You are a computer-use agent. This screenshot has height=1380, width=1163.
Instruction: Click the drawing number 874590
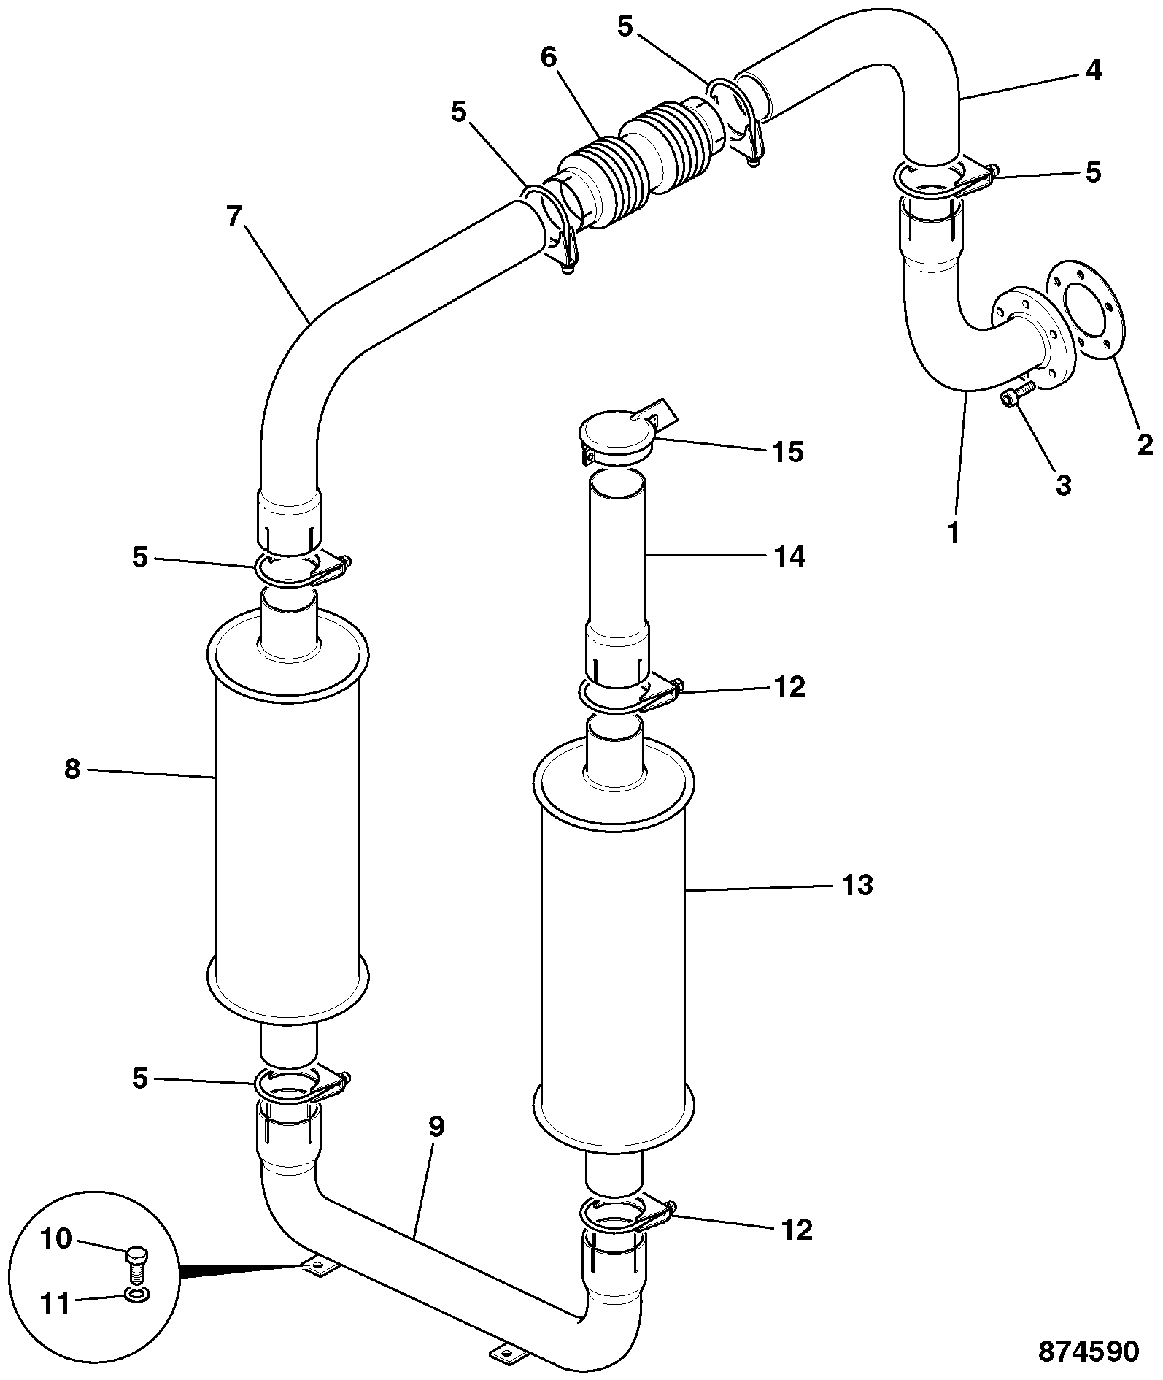coord(1088,1352)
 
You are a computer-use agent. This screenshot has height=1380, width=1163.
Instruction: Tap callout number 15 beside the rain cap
coord(788,453)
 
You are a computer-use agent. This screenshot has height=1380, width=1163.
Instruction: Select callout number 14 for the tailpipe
coord(789,557)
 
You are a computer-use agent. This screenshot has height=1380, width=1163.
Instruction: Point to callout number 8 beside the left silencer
coord(72,769)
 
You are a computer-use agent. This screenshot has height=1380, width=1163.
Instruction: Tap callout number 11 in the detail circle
coord(54,1303)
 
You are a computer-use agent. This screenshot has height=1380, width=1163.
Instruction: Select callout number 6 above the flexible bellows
coord(549,57)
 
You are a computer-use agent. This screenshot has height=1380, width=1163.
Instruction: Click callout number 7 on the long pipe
coord(233,218)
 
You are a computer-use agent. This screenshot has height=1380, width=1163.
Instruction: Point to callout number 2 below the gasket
coord(1145,444)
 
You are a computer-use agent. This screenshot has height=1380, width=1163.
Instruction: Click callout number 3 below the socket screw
coord(1064,485)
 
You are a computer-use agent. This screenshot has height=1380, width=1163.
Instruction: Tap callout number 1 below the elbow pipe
coord(954,532)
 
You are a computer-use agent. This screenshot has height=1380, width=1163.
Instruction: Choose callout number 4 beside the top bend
coord(1092,71)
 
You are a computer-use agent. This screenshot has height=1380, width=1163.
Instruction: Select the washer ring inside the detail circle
coord(134,1295)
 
